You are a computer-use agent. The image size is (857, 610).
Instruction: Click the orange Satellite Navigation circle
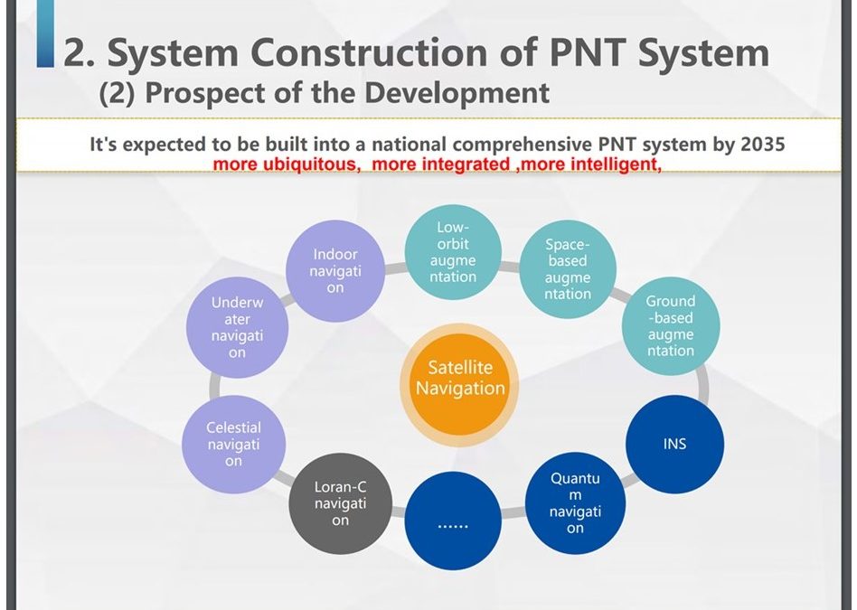[x=459, y=385]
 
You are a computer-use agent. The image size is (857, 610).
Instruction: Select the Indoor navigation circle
[x=335, y=271]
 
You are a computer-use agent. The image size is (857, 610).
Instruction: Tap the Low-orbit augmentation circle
[x=453, y=252]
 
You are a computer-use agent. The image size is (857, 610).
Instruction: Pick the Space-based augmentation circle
[x=568, y=269]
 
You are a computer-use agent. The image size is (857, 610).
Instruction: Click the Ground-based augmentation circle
[x=671, y=326]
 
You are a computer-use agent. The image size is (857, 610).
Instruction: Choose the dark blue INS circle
[x=675, y=444]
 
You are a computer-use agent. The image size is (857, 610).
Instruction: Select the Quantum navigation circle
[x=575, y=502]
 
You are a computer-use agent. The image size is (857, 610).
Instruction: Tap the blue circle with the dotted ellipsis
[x=453, y=521]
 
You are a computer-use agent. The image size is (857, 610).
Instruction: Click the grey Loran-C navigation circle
[x=340, y=503]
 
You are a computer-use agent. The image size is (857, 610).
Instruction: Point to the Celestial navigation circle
[x=233, y=445]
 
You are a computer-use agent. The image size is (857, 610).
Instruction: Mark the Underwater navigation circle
[x=237, y=327]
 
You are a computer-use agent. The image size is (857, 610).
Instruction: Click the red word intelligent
[x=616, y=164]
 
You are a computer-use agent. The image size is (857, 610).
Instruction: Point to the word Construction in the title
[x=369, y=52]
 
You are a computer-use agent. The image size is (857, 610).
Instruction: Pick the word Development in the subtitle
[x=457, y=92]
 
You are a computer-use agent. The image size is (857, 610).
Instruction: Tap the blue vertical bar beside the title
[x=46, y=33]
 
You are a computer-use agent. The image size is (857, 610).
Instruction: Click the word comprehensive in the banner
[x=522, y=145]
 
